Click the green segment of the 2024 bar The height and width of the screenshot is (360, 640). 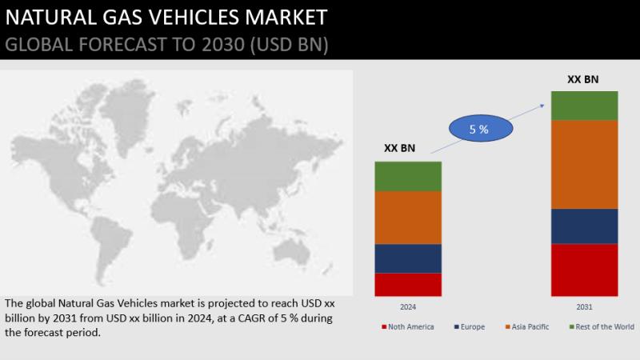coord(408,177)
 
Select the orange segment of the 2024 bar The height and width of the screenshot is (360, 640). coord(408,218)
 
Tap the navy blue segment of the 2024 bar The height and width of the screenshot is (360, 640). coord(408,258)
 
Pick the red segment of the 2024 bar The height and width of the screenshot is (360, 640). coord(408,285)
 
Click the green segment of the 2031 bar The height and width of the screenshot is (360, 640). coord(585,106)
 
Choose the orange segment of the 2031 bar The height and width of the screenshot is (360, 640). coord(585,165)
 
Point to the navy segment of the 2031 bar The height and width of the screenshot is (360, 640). coord(585,226)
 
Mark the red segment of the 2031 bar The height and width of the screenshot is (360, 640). coord(585,270)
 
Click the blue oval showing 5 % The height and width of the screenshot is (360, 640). coord(481,129)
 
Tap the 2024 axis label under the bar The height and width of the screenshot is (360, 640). coord(408,307)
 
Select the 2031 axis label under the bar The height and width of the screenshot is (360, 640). coord(585,307)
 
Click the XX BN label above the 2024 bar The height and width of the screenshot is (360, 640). coord(399,148)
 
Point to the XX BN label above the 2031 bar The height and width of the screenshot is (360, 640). coord(583,79)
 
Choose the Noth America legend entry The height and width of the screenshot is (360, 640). coord(408,327)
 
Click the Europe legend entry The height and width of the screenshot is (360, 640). coord(470,327)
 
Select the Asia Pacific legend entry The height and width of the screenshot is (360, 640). coord(527,327)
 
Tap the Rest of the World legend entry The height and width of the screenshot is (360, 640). coord(602,327)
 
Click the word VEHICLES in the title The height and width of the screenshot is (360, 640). coord(194,18)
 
